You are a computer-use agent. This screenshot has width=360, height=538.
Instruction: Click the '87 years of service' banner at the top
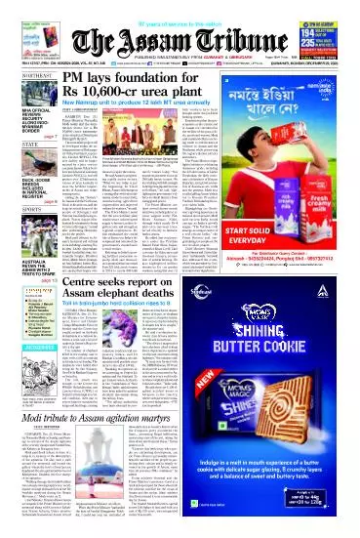[180, 5]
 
